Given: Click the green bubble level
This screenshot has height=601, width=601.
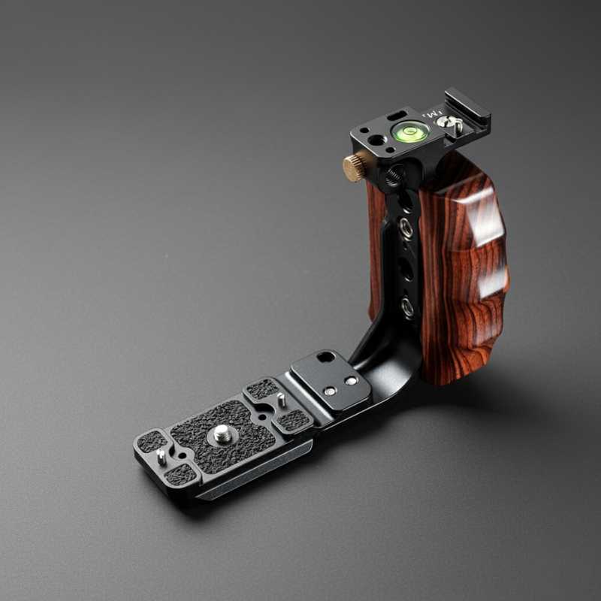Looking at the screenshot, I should tap(410, 133).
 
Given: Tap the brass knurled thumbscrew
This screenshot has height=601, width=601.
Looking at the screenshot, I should tap(355, 167).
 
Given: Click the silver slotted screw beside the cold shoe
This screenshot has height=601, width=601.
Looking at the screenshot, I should tap(453, 122).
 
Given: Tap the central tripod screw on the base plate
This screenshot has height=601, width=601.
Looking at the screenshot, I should tap(222, 433).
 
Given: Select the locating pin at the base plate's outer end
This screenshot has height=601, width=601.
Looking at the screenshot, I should tap(161, 456).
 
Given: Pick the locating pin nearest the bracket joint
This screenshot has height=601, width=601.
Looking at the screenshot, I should tap(280, 399).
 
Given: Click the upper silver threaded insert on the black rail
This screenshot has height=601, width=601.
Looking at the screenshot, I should tap(406, 226).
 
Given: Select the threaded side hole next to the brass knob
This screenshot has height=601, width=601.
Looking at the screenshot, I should tap(392, 177).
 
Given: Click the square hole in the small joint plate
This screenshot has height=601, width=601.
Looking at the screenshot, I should tap(325, 358).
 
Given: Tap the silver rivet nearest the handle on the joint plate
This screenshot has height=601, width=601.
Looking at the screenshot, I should tap(350, 381).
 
